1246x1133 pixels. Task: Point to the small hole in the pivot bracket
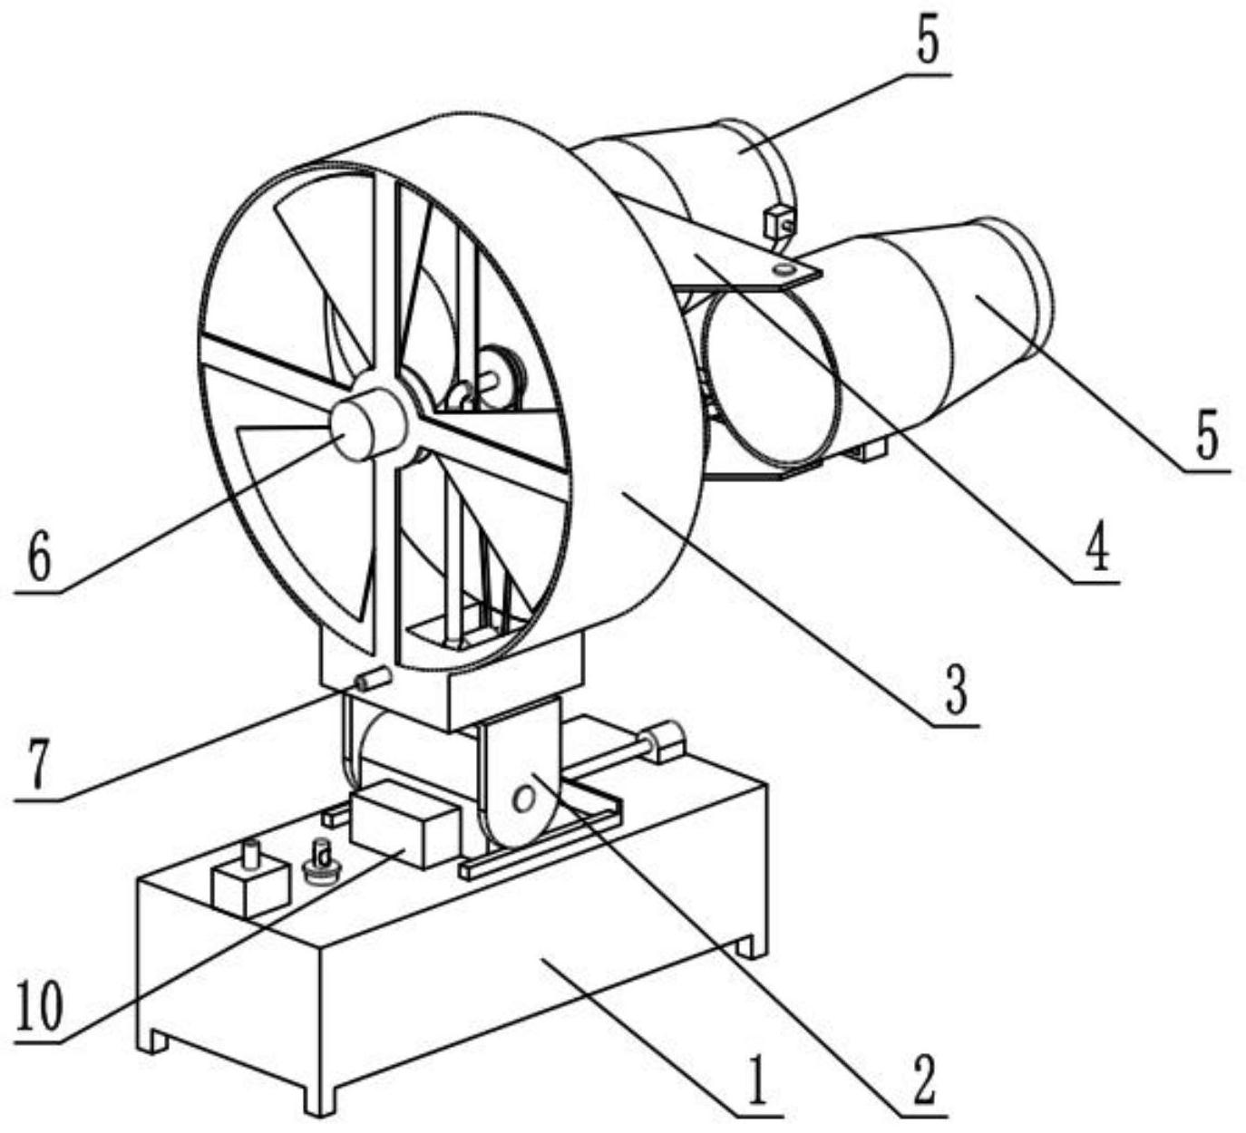coord(524,799)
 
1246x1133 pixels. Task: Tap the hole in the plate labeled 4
coord(784,269)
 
